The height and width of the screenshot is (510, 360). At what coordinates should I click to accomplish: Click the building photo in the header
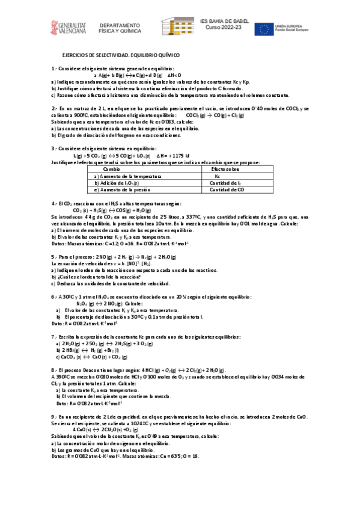pyautogui.click(x=177, y=26)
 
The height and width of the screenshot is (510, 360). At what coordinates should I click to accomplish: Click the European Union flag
pyautogui.click(x=265, y=28)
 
